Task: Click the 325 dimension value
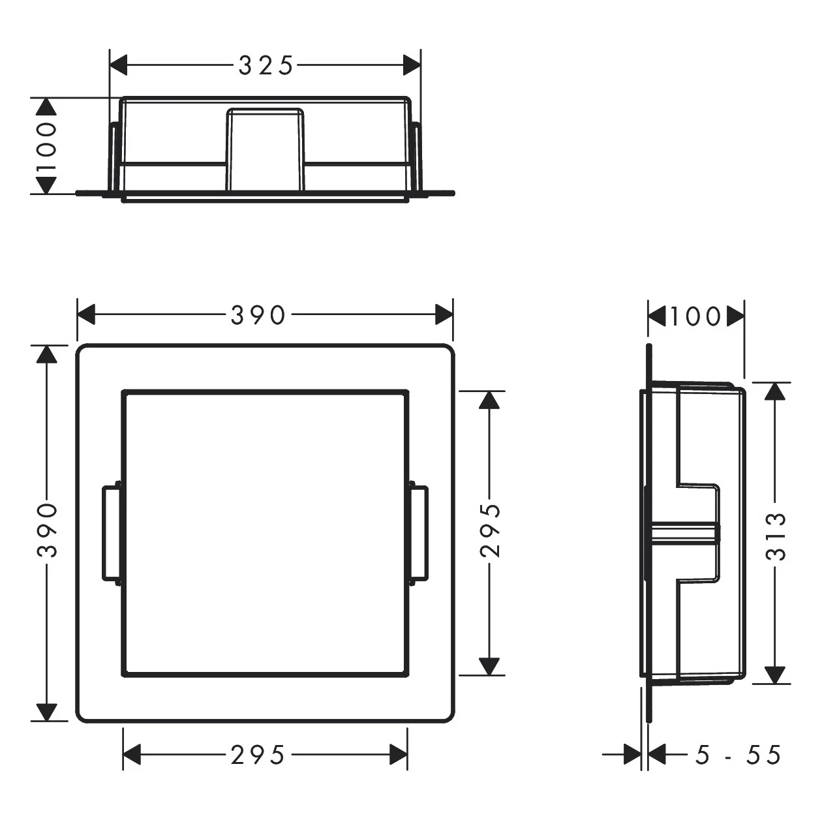coord(266,65)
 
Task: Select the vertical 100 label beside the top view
coord(46,146)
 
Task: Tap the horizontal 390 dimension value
coord(258,316)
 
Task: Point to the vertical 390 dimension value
coord(46,529)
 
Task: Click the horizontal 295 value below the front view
coord(258,755)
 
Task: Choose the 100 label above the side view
coord(695,317)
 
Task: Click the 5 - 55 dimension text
coord(738,755)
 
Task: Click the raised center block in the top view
coord(265,149)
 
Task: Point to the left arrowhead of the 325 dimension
coord(118,65)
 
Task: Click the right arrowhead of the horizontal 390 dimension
coord(444,316)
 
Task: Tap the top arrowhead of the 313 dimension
coord(775,391)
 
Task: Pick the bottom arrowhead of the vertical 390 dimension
coord(46,712)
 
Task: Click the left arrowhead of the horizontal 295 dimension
coord(132,755)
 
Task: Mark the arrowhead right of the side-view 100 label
coord(735,317)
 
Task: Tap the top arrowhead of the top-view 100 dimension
coord(46,108)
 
